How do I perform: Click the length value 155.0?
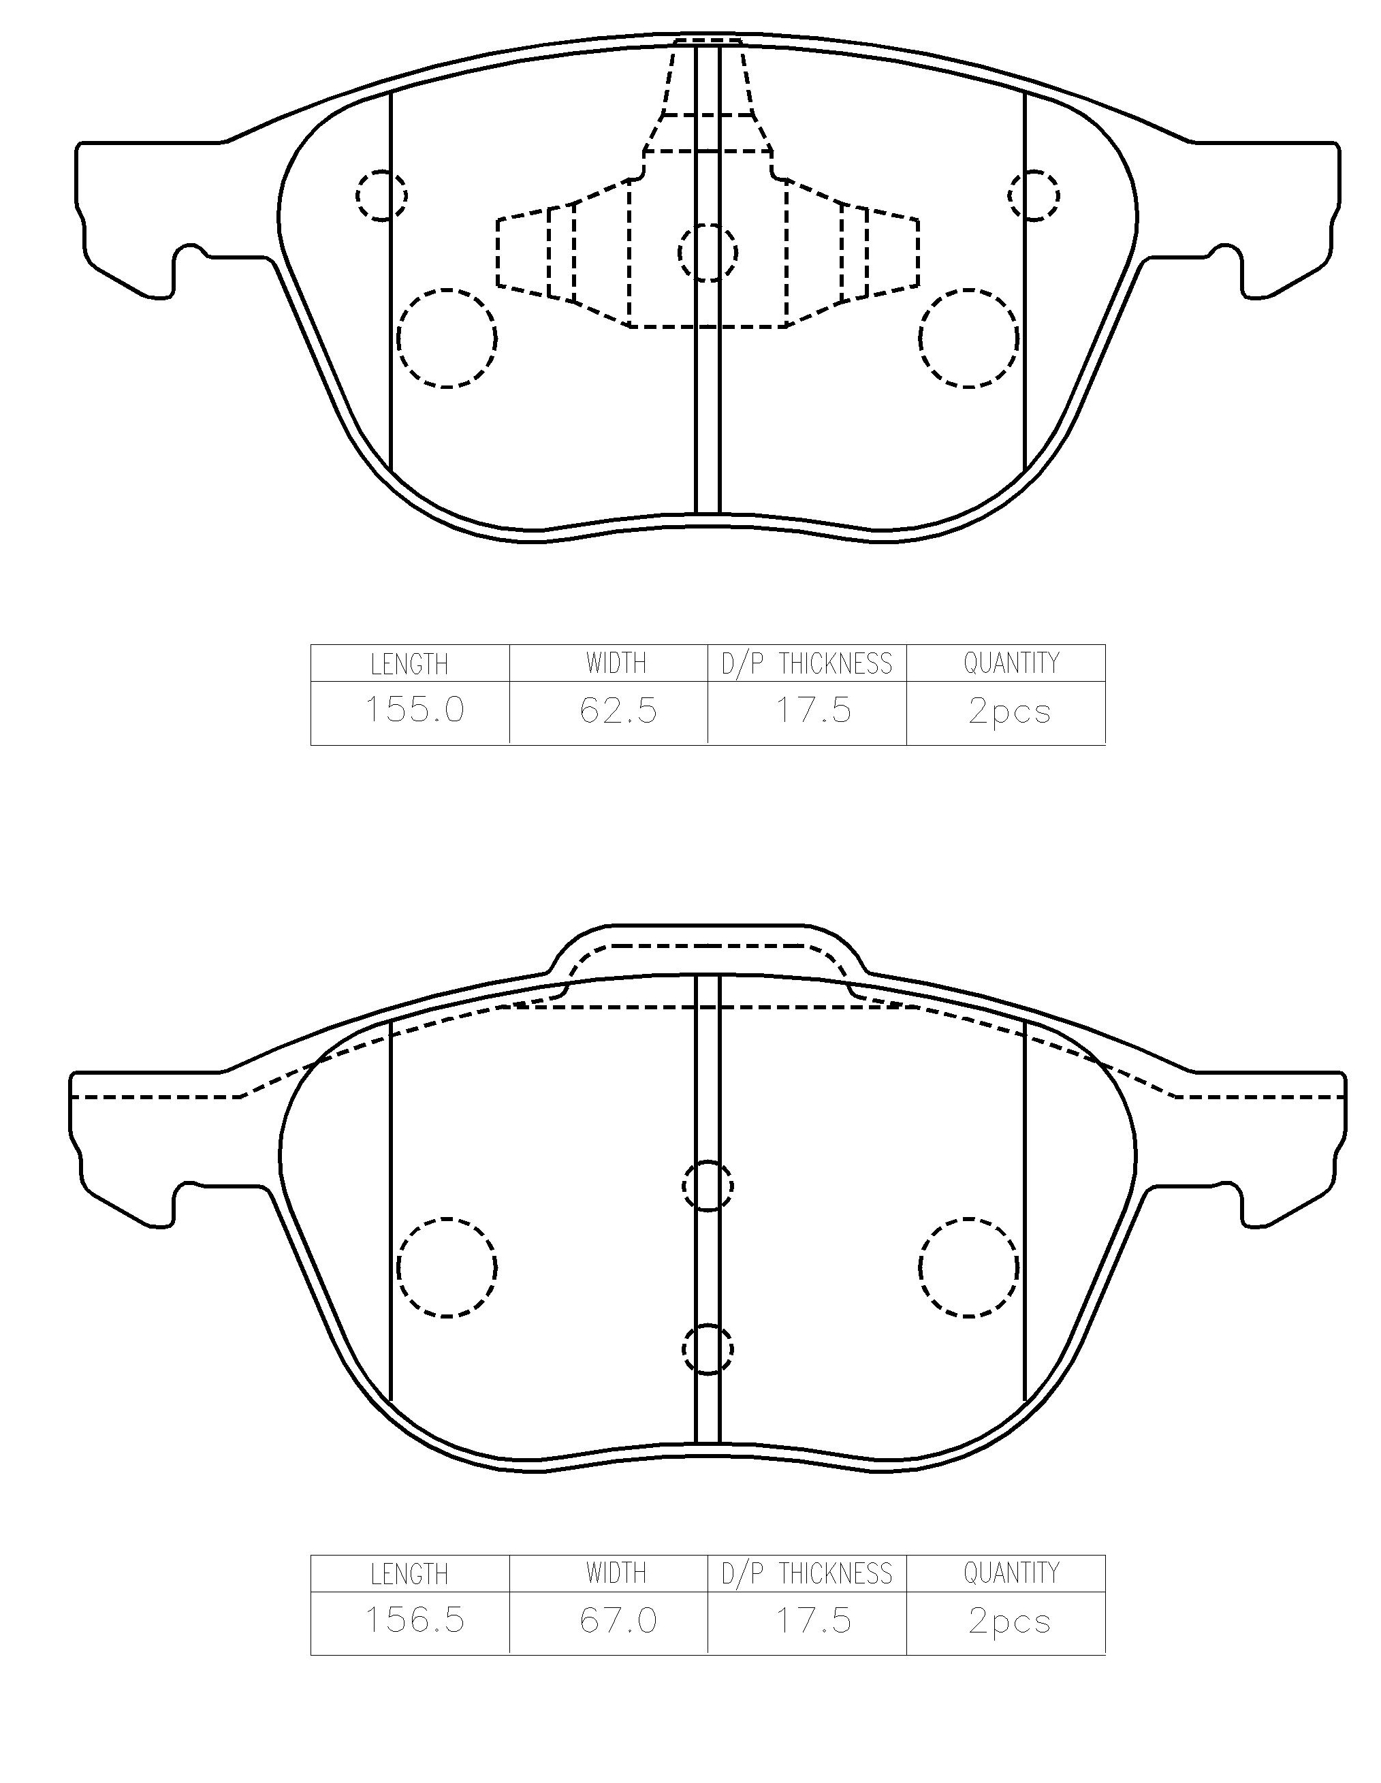point(415,710)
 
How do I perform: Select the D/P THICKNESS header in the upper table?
point(806,664)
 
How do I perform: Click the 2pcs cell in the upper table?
point(1010,711)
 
